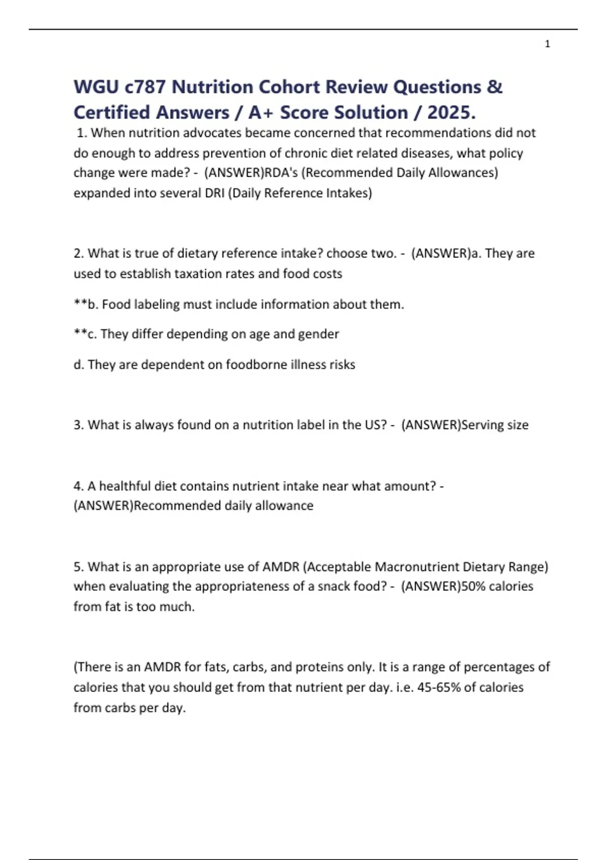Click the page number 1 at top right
(547, 44)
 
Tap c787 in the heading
(145, 87)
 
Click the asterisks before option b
(80, 304)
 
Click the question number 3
(78, 425)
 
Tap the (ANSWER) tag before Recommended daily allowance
(103, 506)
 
